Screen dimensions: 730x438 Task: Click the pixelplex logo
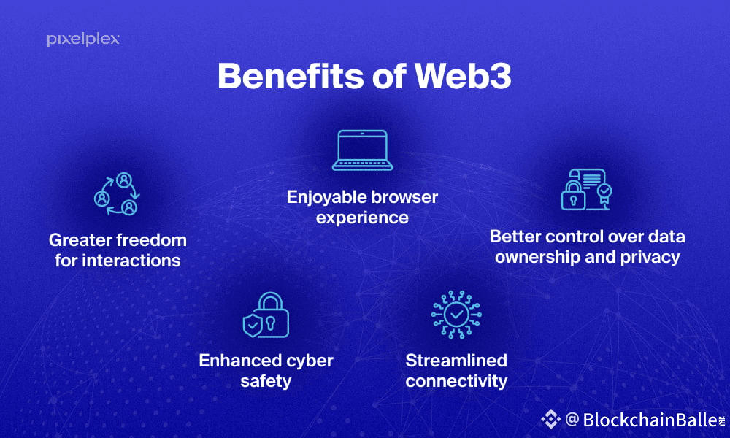[x=83, y=39]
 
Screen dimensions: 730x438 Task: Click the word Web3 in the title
[x=461, y=76]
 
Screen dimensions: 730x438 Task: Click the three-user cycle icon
[x=117, y=194]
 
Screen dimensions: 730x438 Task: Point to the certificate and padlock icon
[x=585, y=190]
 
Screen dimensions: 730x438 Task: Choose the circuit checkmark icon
[x=456, y=315]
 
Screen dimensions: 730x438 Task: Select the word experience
[x=363, y=218]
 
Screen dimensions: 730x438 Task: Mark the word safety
[x=266, y=381]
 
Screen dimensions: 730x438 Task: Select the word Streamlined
[x=456, y=361]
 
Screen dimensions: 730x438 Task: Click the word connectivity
[x=456, y=381]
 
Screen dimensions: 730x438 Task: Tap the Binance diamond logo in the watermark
[x=550, y=419]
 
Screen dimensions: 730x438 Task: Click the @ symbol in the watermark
[x=572, y=419]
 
